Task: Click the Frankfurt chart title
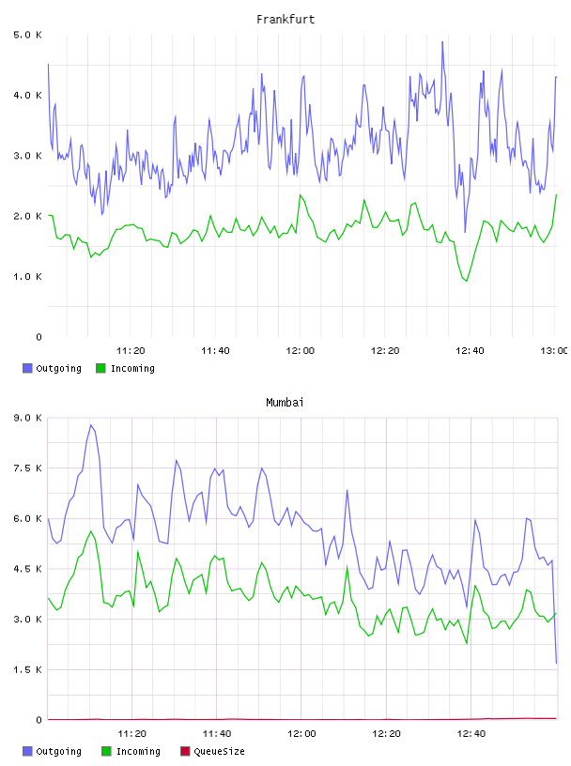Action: pyautogui.click(x=285, y=20)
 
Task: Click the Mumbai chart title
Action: pyautogui.click(x=285, y=403)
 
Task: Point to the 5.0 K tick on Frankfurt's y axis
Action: pyautogui.click(x=27, y=35)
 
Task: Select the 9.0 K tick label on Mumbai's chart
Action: pyautogui.click(x=27, y=418)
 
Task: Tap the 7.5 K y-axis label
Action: pyautogui.click(x=27, y=468)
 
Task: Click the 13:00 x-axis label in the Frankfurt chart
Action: pyautogui.click(x=554, y=351)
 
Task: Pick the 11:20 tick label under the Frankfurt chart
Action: pyautogui.click(x=131, y=351)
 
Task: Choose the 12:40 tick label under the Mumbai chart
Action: pyautogui.click(x=471, y=734)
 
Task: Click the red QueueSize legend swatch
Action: pyautogui.click(x=185, y=751)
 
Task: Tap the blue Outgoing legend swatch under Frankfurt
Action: pyautogui.click(x=27, y=368)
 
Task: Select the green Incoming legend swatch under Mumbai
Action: pyautogui.click(x=106, y=751)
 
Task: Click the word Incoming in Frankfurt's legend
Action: pyautogui.click(x=132, y=368)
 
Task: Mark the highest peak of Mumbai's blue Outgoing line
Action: pyautogui.click(x=91, y=425)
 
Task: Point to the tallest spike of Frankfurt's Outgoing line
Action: pyautogui.click(x=442, y=41)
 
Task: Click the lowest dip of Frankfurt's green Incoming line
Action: pyautogui.click(x=467, y=281)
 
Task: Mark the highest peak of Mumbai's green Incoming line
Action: pyautogui.click(x=91, y=531)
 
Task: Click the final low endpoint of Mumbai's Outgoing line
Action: pyautogui.click(x=556, y=663)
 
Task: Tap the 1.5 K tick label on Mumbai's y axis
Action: pyautogui.click(x=27, y=669)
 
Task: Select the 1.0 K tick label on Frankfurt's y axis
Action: pyautogui.click(x=27, y=277)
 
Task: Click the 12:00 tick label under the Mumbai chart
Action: pyautogui.click(x=301, y=734)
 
